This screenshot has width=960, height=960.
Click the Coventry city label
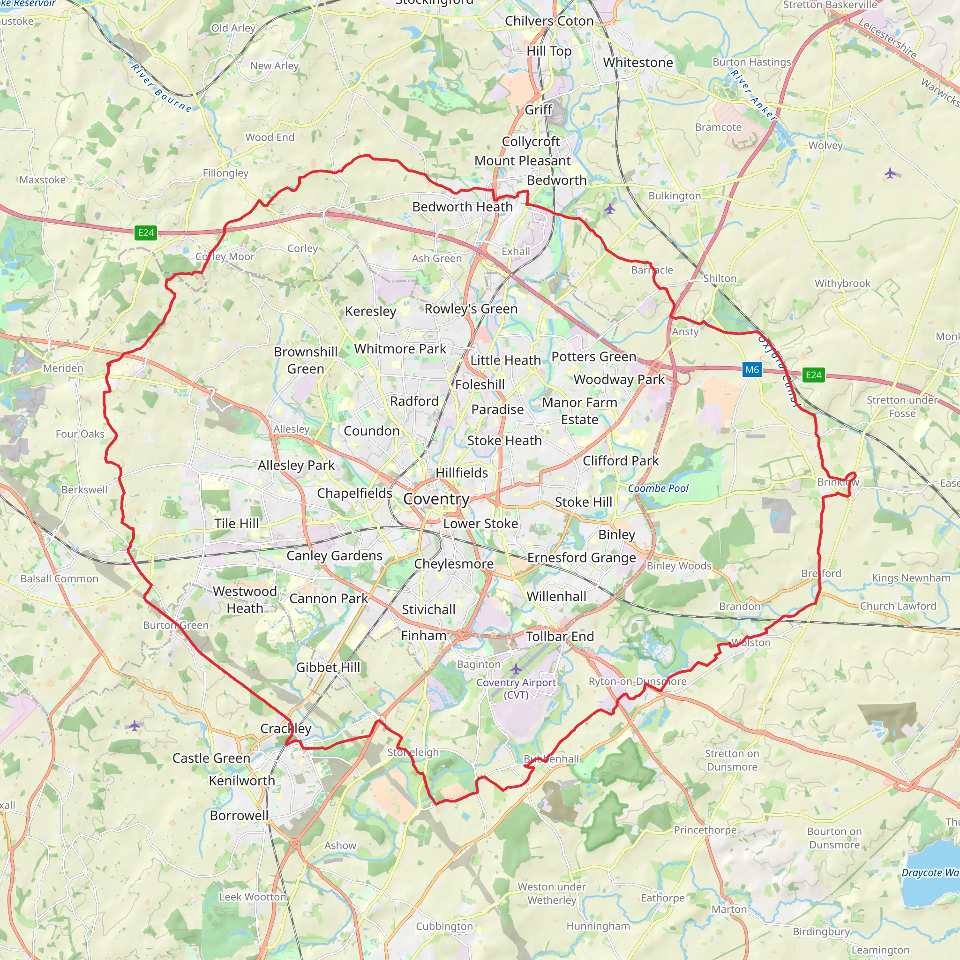(x=436, y=499)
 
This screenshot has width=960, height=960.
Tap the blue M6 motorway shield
(x=752, y=370)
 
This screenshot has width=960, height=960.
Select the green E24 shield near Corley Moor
(x=146, y=232)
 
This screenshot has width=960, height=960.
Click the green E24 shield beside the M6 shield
(x=813, y=375)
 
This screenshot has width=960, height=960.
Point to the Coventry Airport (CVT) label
(x=516, y=688)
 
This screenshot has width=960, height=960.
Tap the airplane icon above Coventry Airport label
(x=516, y=669)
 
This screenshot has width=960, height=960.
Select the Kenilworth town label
(x=241, y=780)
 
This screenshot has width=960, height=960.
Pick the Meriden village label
(x=63, y=368)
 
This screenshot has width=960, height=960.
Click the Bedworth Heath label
(x=462, y=207)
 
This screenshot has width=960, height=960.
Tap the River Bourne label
(x=162, y=88)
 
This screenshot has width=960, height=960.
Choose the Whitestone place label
(x=638, y=63)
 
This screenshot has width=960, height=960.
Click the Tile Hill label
(x=237, y=523)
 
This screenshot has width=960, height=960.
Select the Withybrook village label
(x=842, y=283)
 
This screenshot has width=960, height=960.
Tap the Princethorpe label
(x=705, y=830)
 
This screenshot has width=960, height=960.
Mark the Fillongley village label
(x=225, y=173)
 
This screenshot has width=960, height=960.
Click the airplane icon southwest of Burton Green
(x=134, y=726)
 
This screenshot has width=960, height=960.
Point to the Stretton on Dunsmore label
(x=732, y=760)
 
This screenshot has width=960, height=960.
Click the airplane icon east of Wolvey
(x=891, y=173)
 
